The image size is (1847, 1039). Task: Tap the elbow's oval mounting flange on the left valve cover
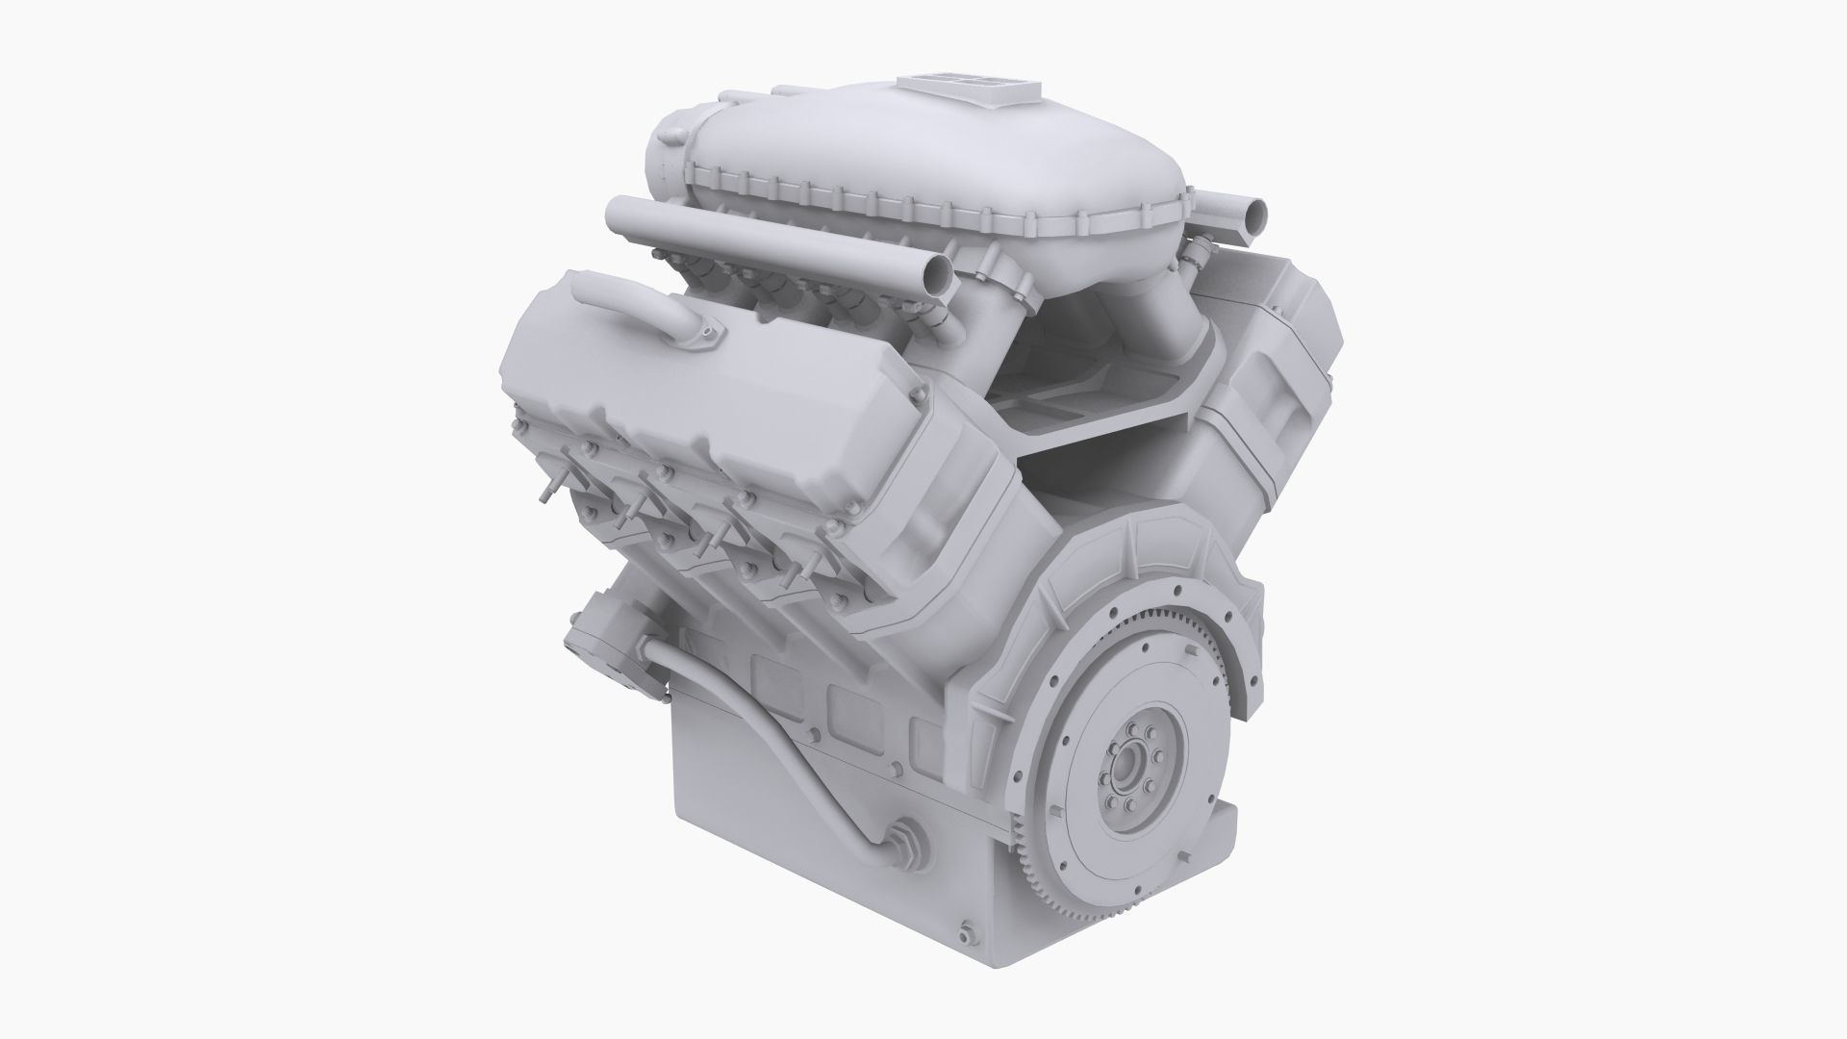710,334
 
